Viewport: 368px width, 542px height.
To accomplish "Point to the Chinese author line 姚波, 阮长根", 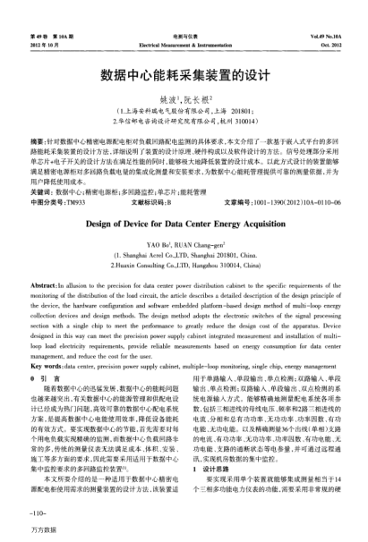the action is pos(184,101).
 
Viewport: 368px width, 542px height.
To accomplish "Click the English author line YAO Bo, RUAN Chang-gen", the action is pos(184,243).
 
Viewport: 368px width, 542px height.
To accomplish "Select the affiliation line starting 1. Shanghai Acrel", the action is pos(184,254).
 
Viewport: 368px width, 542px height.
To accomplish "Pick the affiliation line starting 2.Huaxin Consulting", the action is pos(184,265).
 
